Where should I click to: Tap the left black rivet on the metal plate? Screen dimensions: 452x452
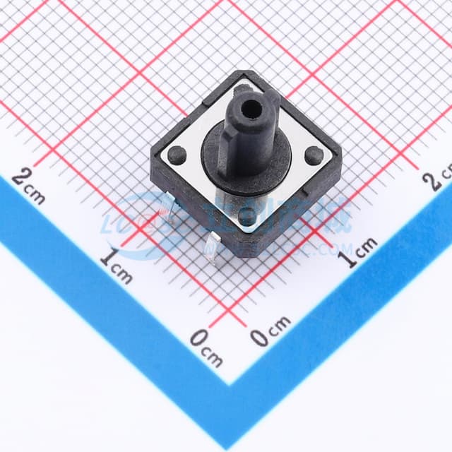pos(177,154)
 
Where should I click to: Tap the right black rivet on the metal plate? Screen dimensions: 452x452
pos(314,155)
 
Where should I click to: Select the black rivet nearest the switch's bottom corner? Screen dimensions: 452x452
pos(245,217)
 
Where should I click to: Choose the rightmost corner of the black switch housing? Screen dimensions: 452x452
pos(341,164)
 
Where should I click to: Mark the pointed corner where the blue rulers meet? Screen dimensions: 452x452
pos(230,384)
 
